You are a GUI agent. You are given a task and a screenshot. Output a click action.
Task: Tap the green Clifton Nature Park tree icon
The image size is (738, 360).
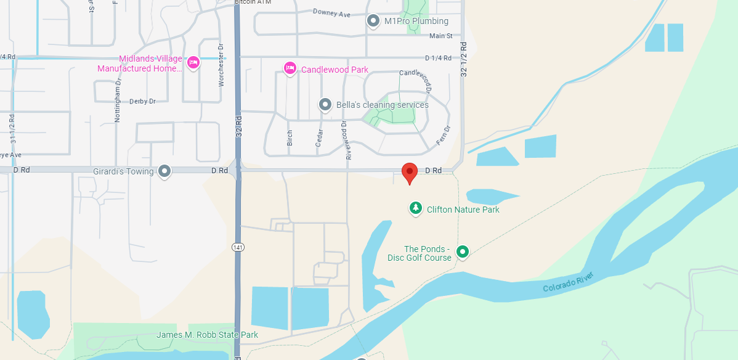pos(416,208)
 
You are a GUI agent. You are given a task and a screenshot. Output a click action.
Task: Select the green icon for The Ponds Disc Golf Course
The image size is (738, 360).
pos(462,252)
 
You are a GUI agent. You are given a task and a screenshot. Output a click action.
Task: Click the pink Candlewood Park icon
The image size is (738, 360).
pos(290,68)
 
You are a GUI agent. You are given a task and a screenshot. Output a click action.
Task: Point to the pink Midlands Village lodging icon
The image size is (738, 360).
pos(193,62)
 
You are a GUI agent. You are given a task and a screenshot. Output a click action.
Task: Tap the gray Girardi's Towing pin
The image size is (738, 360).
pos(164,171)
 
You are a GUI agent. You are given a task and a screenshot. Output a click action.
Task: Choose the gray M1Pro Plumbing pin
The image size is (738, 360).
pos(373,21)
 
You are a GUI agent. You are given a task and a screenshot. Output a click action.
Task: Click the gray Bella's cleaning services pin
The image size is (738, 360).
pos(325,105)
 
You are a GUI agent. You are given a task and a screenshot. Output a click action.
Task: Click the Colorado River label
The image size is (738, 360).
pos(568,282)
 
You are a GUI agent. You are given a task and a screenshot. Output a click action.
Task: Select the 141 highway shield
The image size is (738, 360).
pos(238,247)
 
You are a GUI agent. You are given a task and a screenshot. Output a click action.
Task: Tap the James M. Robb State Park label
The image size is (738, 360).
pos(207,335)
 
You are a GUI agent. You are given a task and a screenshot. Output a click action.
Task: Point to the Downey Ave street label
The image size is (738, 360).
pos(331,12)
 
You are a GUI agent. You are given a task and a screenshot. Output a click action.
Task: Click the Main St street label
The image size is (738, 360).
pos(441,36)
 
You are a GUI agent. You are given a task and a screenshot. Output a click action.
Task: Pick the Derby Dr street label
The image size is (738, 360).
pos(142,101)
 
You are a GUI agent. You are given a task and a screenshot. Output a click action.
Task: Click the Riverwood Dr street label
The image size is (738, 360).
pos(347,140)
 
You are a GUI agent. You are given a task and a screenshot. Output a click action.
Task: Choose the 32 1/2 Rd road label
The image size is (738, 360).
pos(464,59)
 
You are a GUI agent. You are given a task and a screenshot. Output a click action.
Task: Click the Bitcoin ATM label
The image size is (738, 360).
pos(254,2)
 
